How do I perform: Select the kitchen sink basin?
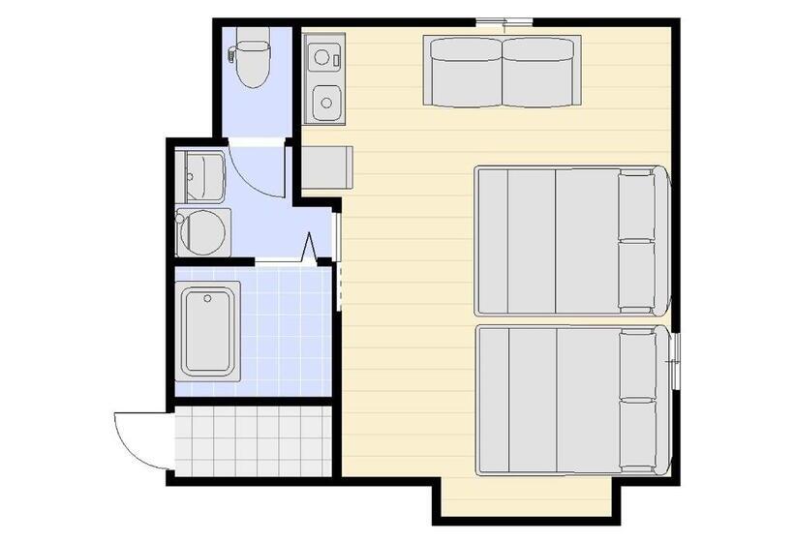click(326, 101)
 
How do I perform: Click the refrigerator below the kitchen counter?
click(327, 167)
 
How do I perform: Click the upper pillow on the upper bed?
click(638, 205)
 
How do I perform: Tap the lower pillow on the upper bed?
click(638, 275)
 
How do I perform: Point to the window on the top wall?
click(504, 20)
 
